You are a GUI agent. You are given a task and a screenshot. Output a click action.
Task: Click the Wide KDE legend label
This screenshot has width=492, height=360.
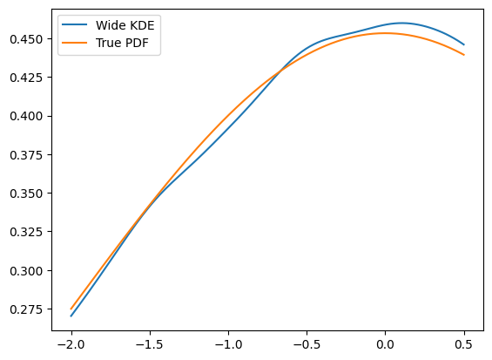pos(125,25)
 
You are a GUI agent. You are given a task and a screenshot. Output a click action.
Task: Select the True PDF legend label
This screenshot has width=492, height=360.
pos(122,43)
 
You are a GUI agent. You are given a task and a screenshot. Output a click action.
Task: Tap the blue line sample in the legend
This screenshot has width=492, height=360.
pos(74,24)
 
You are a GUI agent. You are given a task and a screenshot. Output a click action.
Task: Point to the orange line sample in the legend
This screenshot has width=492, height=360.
pos(74,43)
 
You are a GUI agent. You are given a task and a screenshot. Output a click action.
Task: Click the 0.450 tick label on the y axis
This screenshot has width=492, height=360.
pos(26,39)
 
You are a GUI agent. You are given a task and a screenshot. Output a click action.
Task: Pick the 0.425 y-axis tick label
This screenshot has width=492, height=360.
pos(26,78)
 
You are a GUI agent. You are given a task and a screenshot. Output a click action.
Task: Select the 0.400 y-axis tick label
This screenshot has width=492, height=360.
pos(26,116)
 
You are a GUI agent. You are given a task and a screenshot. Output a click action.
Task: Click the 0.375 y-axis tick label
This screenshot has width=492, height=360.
pos(26,155)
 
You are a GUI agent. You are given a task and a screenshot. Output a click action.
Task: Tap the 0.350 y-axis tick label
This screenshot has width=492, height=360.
pos(26,194)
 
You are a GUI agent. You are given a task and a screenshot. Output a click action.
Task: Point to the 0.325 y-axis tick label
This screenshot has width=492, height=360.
pos(26,232)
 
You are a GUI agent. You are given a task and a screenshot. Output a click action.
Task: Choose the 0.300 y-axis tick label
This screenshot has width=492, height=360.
pos(26,271)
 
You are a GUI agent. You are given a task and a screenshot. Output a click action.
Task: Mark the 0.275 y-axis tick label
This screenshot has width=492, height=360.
pos(26,309)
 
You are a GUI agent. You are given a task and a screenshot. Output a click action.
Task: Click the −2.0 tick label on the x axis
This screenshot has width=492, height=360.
pos(71,344)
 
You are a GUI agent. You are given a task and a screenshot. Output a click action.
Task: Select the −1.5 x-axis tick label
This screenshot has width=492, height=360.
pos(150,344)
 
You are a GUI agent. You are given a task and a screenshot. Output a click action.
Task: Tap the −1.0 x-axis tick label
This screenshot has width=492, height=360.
pos(228,344)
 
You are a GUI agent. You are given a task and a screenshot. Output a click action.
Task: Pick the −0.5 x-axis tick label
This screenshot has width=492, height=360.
pos(307,344)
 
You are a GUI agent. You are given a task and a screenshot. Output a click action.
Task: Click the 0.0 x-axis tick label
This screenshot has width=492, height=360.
pos(385,344)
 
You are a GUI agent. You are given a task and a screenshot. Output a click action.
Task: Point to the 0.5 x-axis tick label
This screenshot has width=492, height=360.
pos(464,344)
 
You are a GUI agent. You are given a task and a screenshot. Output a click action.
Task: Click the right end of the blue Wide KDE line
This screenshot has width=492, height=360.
pos(464,44)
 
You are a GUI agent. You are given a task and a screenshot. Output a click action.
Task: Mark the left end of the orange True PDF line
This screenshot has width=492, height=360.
pos(71,309)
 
